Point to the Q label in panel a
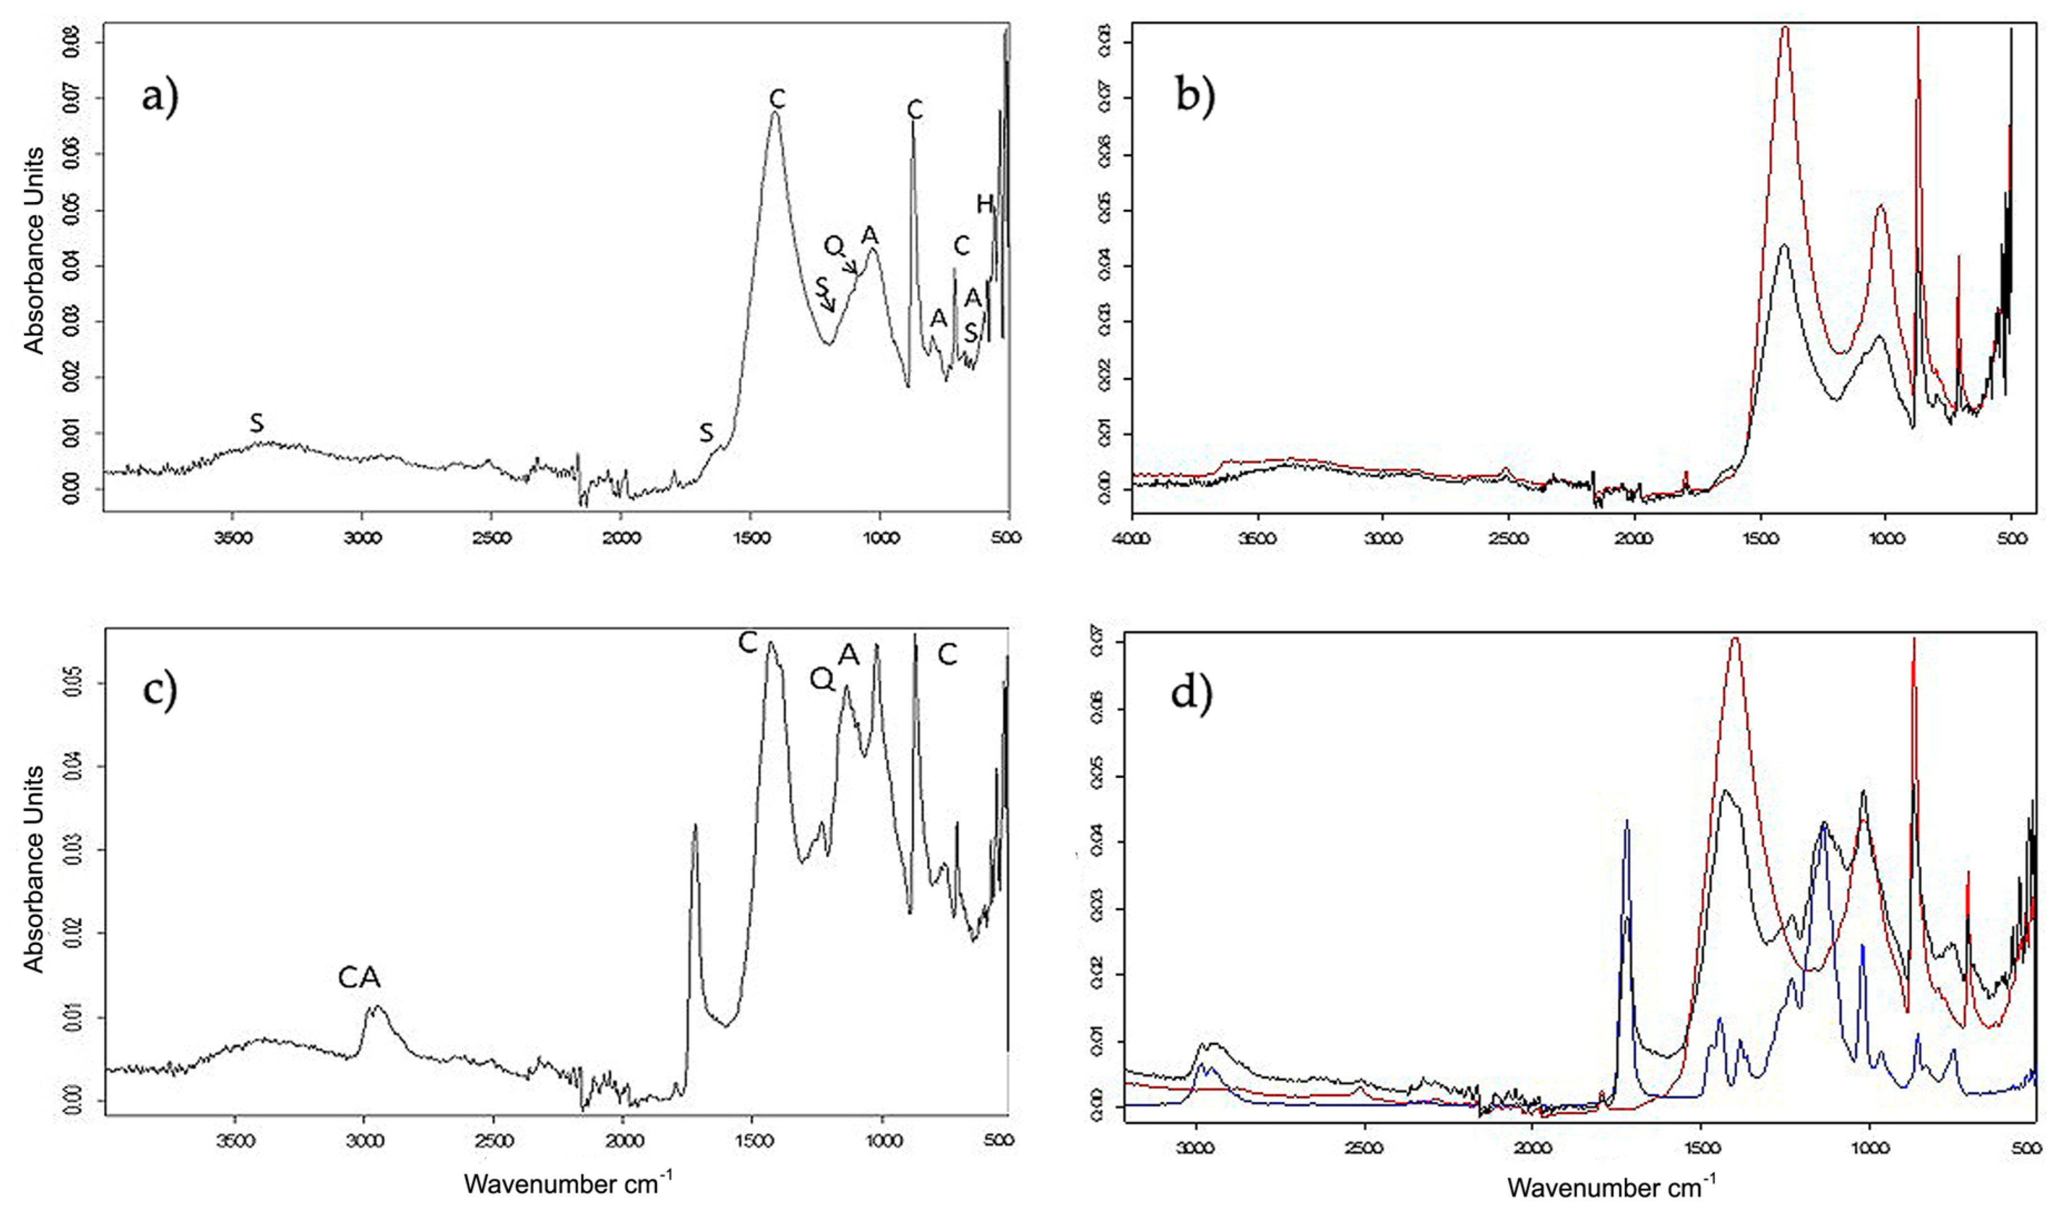pos(833,245)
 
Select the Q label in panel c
pos(822,678)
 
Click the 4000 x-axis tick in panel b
pos(1132,538)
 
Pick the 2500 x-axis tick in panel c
pos(493,1140)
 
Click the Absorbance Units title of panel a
pos(34,250)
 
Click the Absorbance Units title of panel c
pos(34,869)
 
